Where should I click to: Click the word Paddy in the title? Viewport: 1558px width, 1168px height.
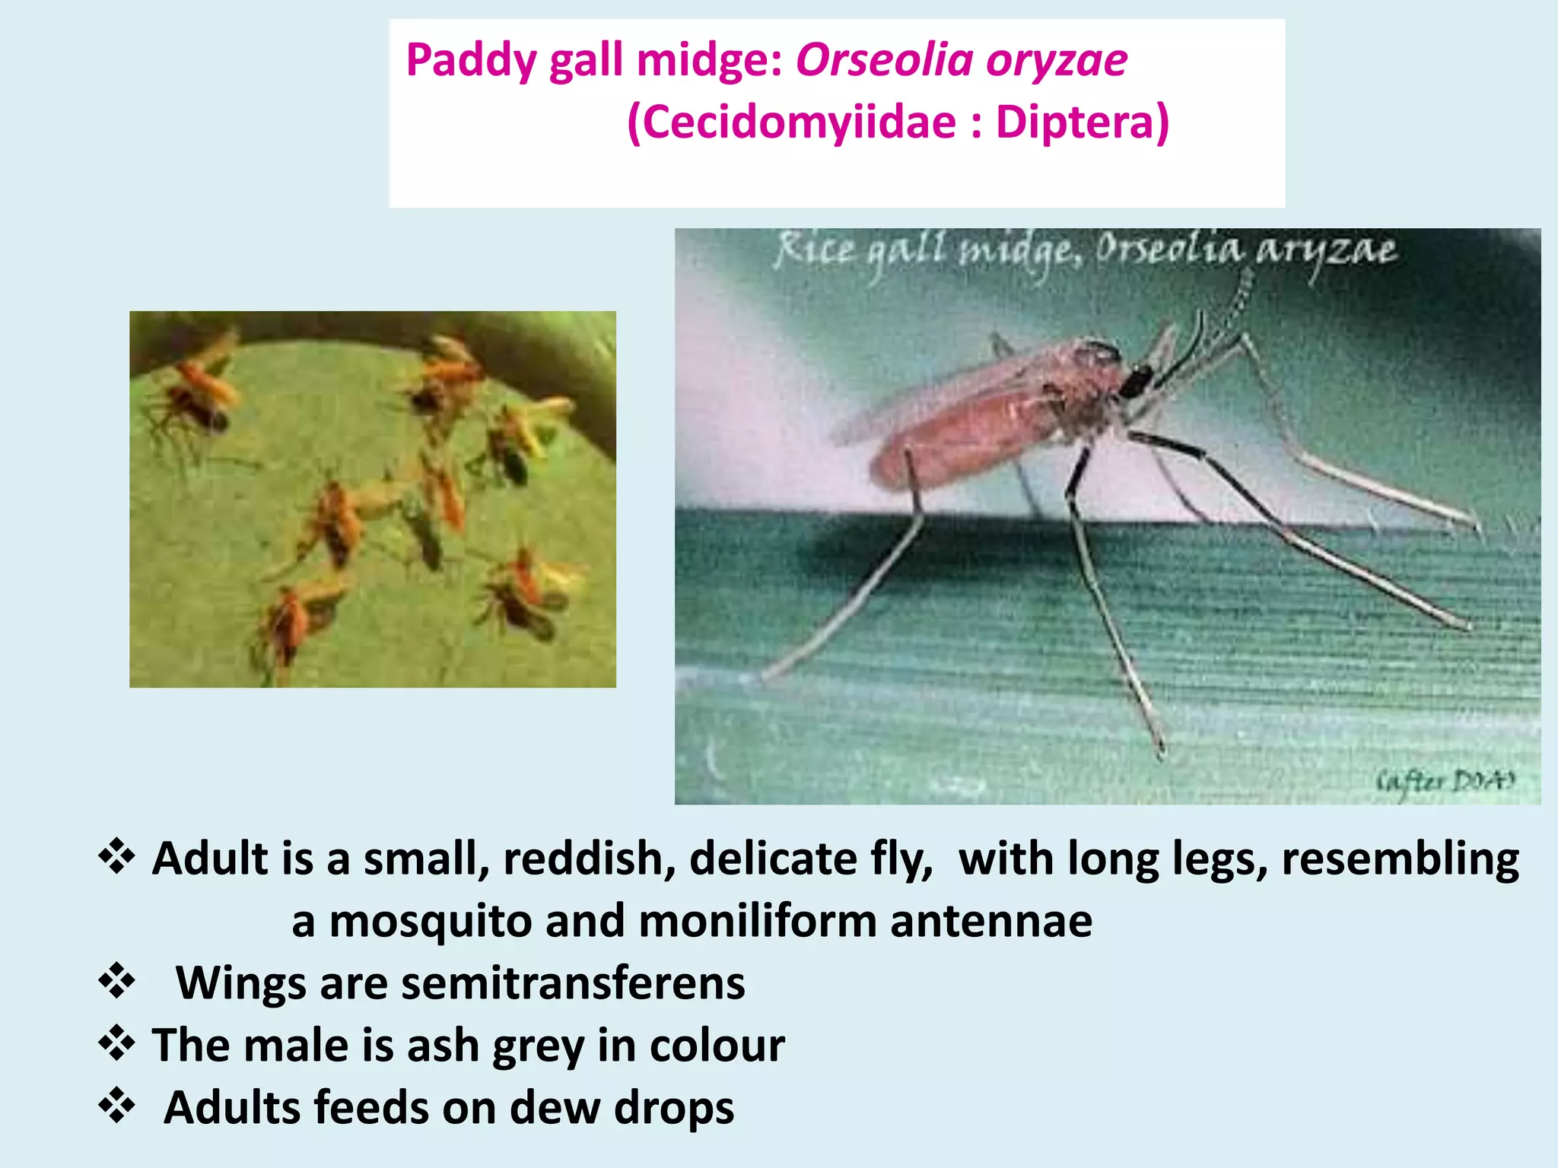tap(470, 61)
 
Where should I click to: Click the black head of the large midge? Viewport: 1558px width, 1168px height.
tap(1136, 381)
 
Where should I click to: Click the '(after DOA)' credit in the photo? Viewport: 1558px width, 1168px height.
tap(1445, 781)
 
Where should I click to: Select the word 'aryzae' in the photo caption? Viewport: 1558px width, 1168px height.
tap(1327, 251)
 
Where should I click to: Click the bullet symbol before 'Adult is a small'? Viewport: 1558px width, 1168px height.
tap(117, 857)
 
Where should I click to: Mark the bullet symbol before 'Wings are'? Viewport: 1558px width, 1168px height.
tap(117, 981)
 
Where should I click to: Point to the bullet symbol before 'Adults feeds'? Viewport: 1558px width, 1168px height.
tap(117, 1106)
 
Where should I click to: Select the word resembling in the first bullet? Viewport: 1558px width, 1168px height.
tap(1400, 859)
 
